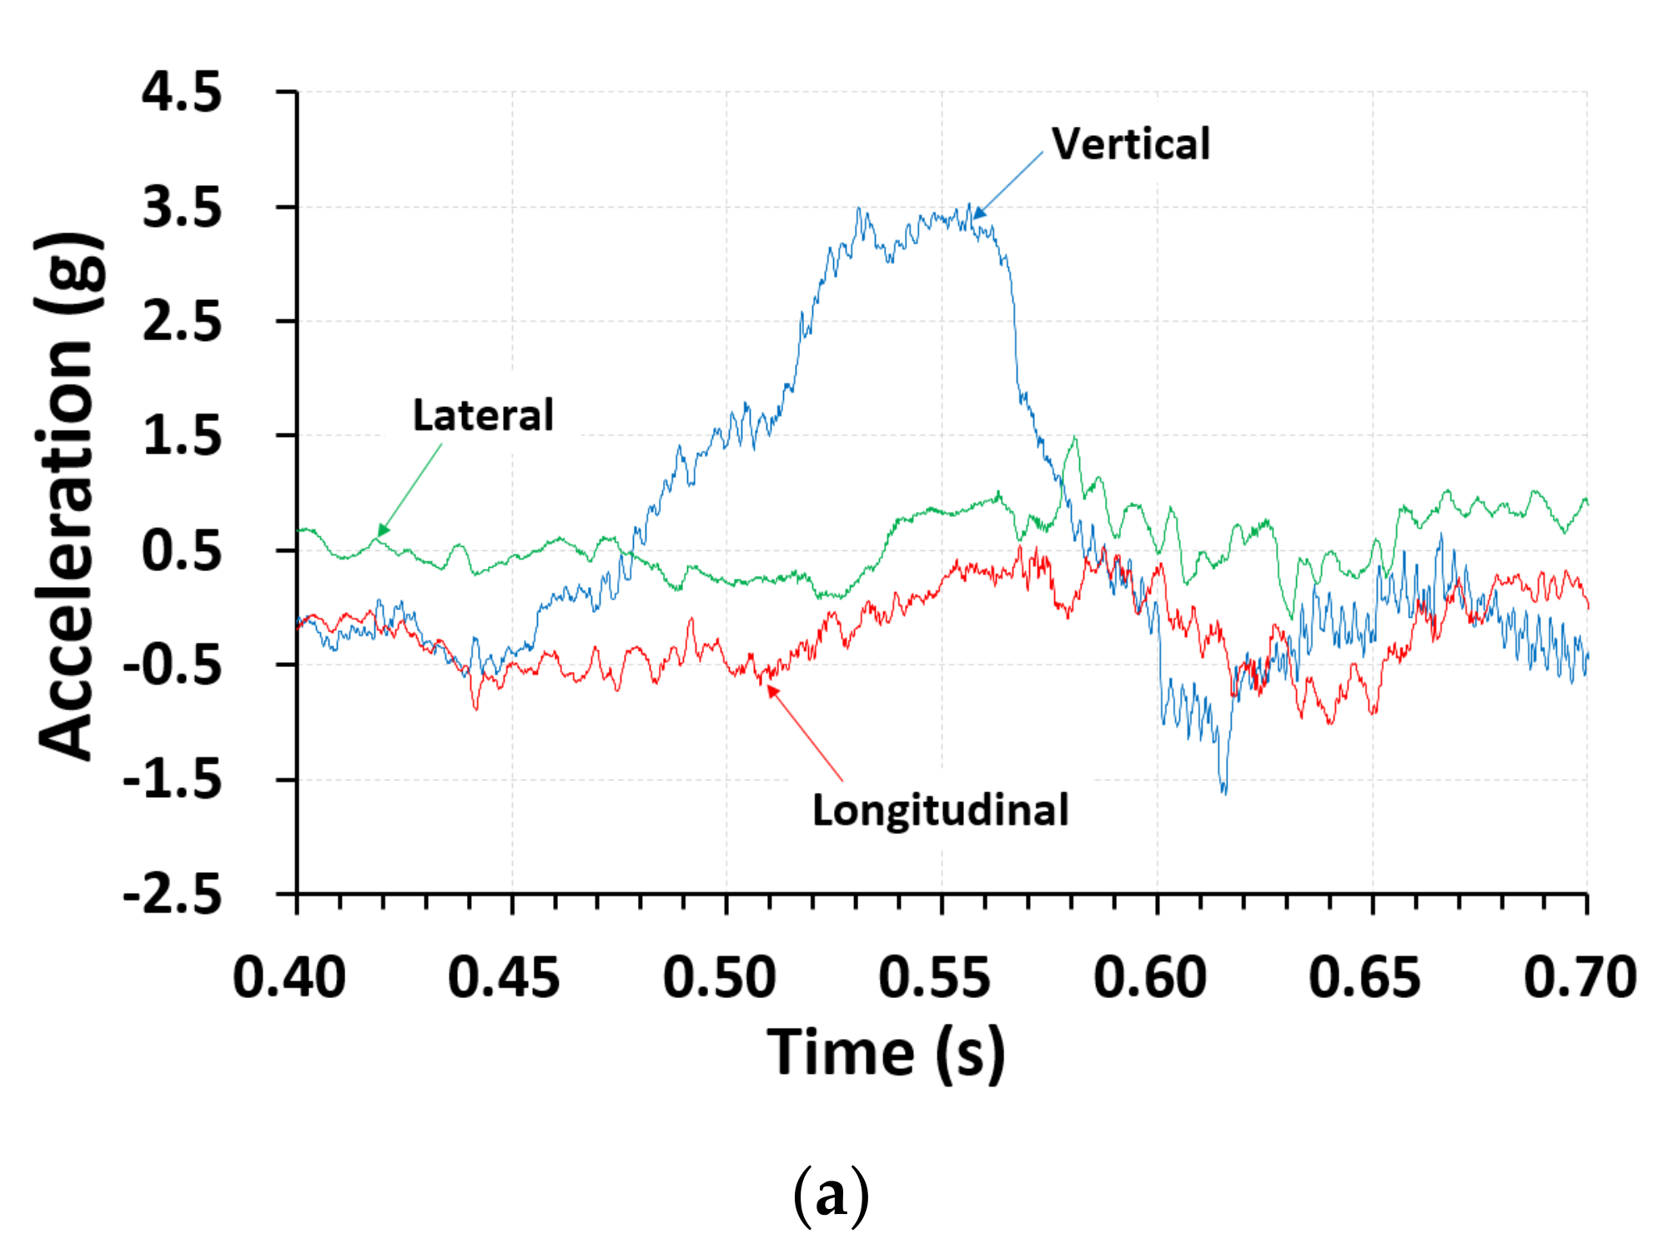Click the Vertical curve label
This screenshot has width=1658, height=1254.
(x=1130, y=143)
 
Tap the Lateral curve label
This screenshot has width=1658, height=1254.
(x=483, y=415)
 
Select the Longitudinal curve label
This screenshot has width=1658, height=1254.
(x=940, y=810)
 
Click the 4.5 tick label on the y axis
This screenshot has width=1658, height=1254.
(x=182, y=92)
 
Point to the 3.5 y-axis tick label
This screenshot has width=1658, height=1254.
(x=182, y=207)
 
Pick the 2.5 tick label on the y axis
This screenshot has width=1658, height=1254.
(x=182, y=321)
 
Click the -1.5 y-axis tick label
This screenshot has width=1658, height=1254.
(x=173, y=780)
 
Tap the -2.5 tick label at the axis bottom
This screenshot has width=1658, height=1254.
(x=173, y=895)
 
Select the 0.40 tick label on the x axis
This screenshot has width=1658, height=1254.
(x=289, y=977)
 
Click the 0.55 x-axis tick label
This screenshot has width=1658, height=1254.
(x=934, y=977)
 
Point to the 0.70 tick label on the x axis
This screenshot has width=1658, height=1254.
(x=1580, y=977)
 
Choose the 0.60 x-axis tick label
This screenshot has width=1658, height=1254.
(x=1150, y=977)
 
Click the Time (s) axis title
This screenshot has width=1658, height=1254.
(x=887, y=1052)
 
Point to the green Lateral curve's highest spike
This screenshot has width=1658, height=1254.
(x=1075, y=438)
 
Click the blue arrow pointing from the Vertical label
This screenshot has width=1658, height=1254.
(x=1008, y=185)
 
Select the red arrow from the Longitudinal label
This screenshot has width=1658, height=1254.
(x=805, y=734)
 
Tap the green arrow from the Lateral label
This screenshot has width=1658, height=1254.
(x=409, y=489)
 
